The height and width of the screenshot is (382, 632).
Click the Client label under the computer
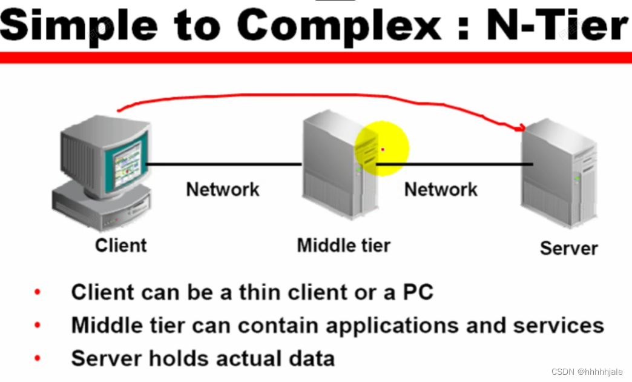(x=120, y=246)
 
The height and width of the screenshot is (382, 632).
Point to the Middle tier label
(x=343, y=246)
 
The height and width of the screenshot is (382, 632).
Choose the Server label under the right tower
(x=568, y=248)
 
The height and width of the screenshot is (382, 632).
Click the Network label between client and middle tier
(x=222, y=189)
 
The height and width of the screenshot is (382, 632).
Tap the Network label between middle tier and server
(x=441, y=189)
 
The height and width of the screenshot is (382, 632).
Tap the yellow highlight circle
(x=382, y=148)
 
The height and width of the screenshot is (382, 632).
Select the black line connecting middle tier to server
(x=454, y=164)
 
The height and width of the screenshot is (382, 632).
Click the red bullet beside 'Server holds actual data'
(x=38, y=358)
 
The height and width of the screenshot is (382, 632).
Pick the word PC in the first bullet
(x=418, y=292)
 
